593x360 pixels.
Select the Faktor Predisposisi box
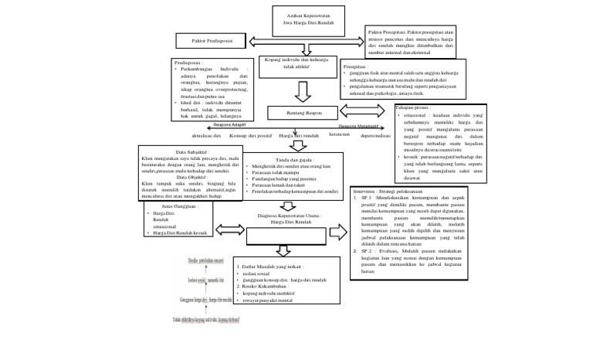(x=202, y=40)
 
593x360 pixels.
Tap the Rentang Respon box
(x=303, y=112)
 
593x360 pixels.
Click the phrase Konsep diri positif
(x=251, y=136)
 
